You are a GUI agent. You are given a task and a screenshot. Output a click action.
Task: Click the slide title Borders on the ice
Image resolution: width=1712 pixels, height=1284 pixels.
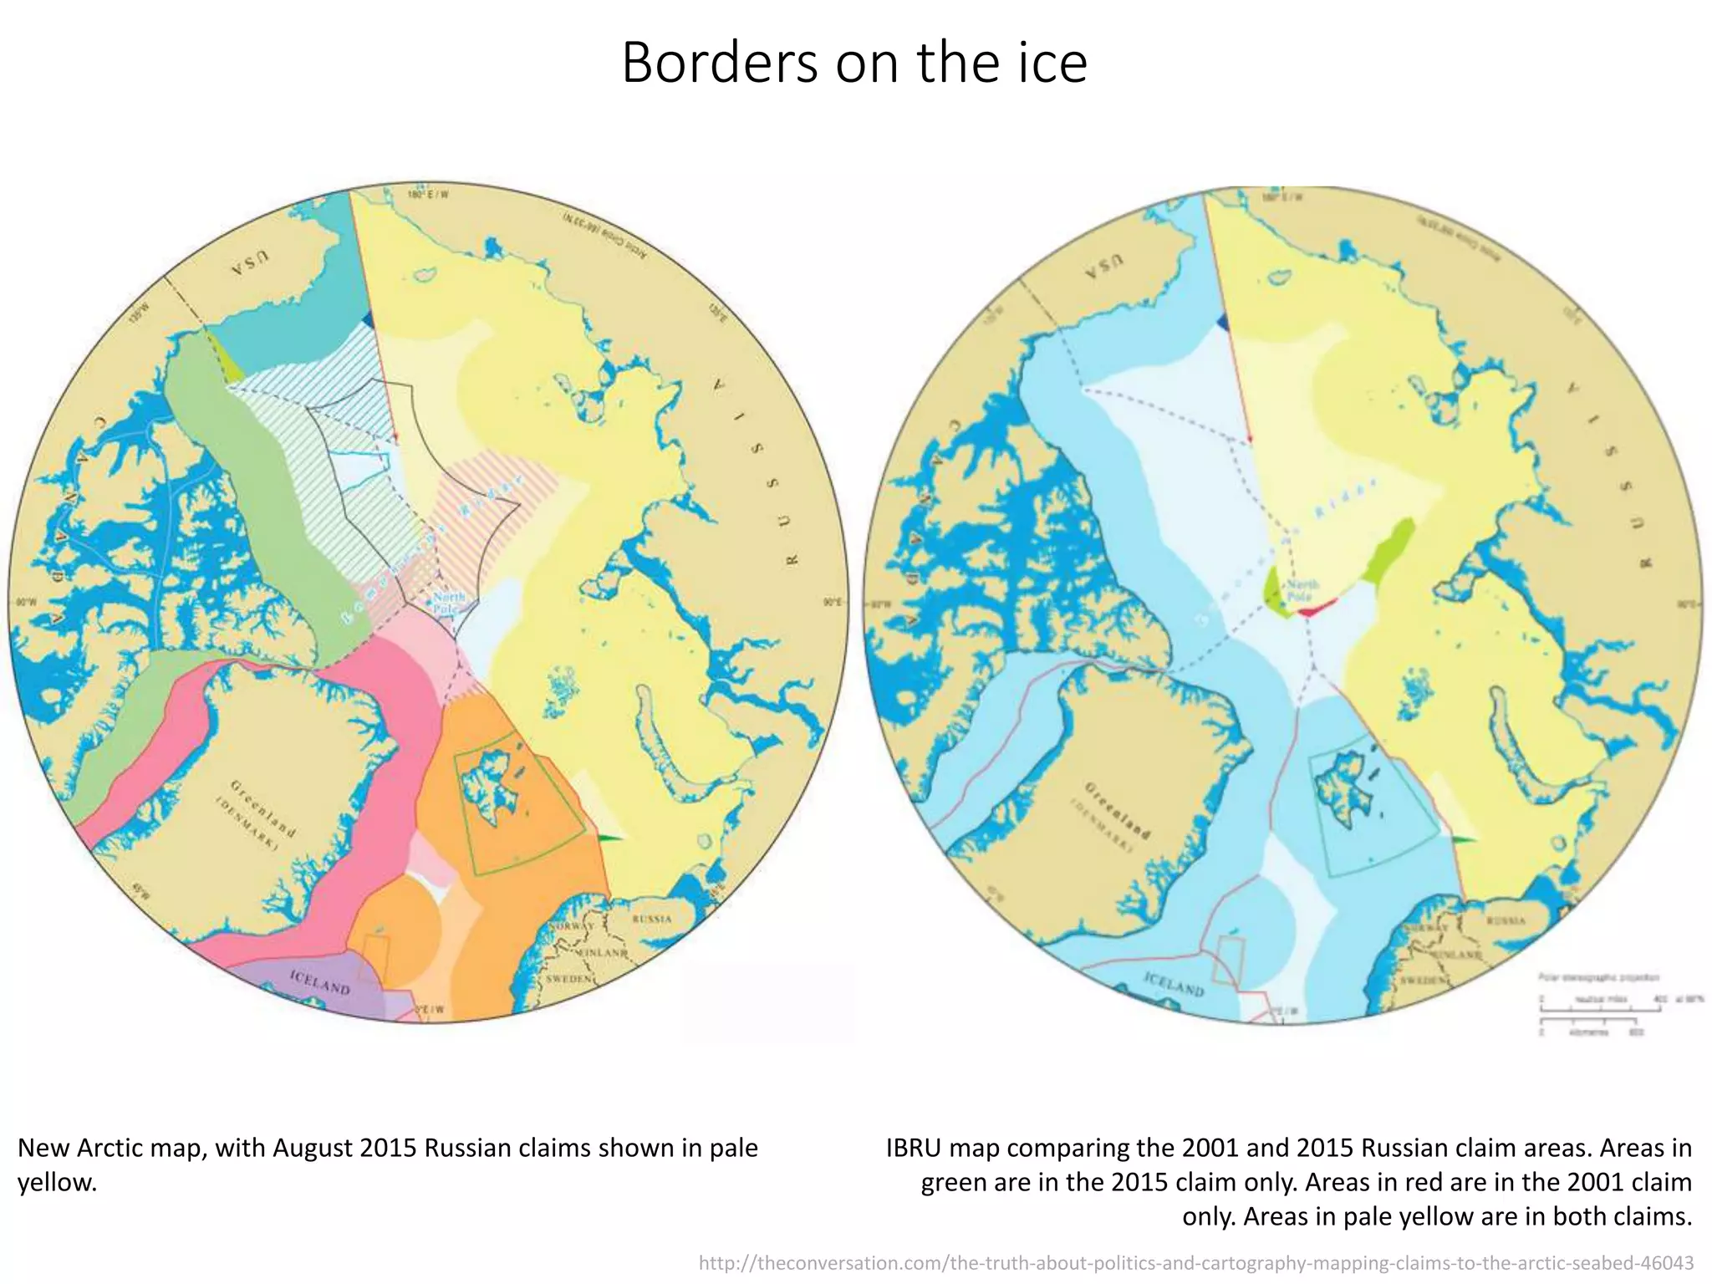(854, 63)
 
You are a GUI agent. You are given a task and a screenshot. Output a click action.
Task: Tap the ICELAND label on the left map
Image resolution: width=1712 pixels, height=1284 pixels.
(320, 981)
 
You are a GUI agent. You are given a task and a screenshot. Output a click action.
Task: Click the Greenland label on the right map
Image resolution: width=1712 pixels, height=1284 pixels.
(1117, 811)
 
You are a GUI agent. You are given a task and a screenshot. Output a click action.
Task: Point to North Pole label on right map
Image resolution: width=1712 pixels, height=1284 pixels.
(1302, 590)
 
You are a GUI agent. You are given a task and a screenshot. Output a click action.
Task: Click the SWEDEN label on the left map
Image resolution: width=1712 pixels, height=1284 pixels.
(569, 978)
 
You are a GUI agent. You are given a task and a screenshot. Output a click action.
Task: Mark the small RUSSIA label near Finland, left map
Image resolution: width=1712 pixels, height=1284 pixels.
(652, 919)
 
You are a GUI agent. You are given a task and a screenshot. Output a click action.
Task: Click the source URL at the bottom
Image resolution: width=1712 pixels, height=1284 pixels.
(1195, 1262)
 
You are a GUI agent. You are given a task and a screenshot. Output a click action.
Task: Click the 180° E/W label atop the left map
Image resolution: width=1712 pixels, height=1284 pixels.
(427, 195)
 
